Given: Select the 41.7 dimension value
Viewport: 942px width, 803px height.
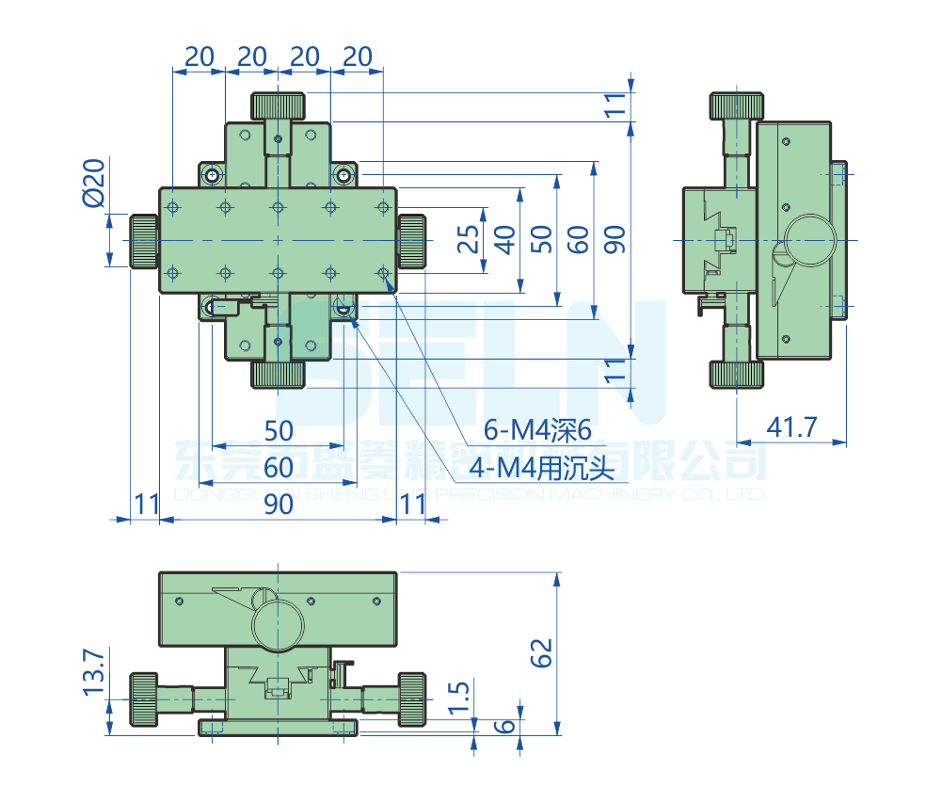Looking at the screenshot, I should [791, 428].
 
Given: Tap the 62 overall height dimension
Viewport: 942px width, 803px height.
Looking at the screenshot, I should [541, 651].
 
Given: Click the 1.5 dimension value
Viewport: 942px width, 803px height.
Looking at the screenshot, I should [458, 699].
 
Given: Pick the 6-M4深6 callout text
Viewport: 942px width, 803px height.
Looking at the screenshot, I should [536, 431].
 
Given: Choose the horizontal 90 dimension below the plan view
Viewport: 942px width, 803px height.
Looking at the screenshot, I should [279, 505].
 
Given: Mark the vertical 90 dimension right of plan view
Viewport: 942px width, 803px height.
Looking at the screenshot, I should [615, 240].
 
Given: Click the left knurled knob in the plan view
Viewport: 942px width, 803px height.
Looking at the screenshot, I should [143, 241].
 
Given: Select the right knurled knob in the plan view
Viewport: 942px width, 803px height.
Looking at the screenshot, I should [412, 241].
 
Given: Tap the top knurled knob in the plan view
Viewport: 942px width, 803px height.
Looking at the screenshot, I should [279, 104].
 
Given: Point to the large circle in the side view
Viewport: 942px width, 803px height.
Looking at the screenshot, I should [812, 239].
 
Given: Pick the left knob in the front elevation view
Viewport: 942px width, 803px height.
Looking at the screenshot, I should [143, 699].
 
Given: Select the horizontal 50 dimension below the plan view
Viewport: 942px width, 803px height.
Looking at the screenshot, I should [279, 430].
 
